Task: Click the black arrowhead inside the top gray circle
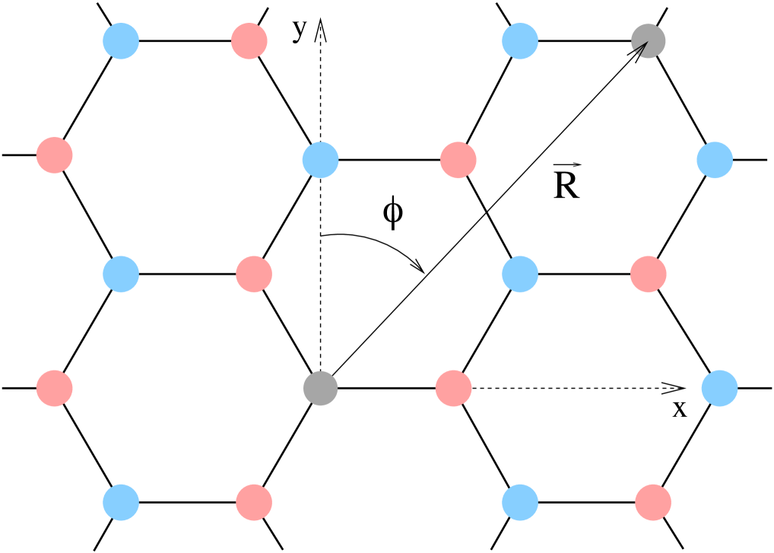pos(640,49)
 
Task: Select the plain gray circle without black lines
pos(320,389)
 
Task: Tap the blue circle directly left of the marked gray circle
pos(520,41)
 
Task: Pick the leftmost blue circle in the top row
pos(121,41)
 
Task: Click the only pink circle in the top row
pos(249,41)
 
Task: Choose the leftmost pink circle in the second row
pos(55,155)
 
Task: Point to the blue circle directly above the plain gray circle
pos(320,160)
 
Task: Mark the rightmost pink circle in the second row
pos(458,160)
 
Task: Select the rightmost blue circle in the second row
pos(715,160)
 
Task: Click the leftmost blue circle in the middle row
pos(121,274)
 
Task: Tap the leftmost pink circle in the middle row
pos(254,274)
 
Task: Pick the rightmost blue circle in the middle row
pos(520,274)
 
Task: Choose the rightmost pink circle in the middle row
pos(649,274)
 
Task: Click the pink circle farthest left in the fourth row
pos(55,388)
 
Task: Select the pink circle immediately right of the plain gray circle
pos(454,388)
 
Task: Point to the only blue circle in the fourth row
pos(719,388)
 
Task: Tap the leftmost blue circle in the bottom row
pos(121,502)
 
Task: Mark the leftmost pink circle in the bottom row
pos(254,502)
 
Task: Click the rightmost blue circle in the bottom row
pos(520,502)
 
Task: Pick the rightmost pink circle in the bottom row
pos(653,502)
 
